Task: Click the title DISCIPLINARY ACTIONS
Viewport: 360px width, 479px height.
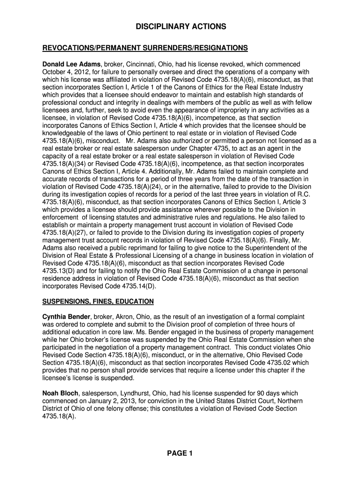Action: (x=181, y=27)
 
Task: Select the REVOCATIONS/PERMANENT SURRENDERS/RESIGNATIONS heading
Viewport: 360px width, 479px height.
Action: (x=145, y=48)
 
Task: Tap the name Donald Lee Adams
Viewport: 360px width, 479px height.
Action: (x=72, y=64)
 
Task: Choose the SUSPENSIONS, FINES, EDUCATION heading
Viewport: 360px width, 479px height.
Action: (x=98, y=301)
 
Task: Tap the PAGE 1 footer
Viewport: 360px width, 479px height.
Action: (x=180, y=453)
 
